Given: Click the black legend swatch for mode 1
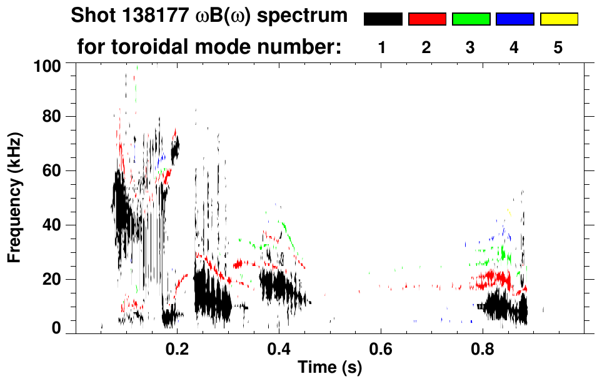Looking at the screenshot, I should pyautogui.click(x=383, y=19).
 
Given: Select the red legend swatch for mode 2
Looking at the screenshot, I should pyautogui.click(x=427, y=19).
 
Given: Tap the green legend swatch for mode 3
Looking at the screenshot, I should pyautogui.click(x=471, y=19).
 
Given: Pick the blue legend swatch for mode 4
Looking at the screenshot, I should pyautogui.click(x=514, y=19).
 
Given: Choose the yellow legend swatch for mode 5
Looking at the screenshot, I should pyautogui.click(x=558, y=19).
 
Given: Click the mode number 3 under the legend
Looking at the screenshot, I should pyautogui.click(x=471, y=48).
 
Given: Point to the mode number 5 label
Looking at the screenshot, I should pyautogui.click(x=558, y=48).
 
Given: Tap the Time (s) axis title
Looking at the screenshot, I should pyautogui.click(x=329, y=368).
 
